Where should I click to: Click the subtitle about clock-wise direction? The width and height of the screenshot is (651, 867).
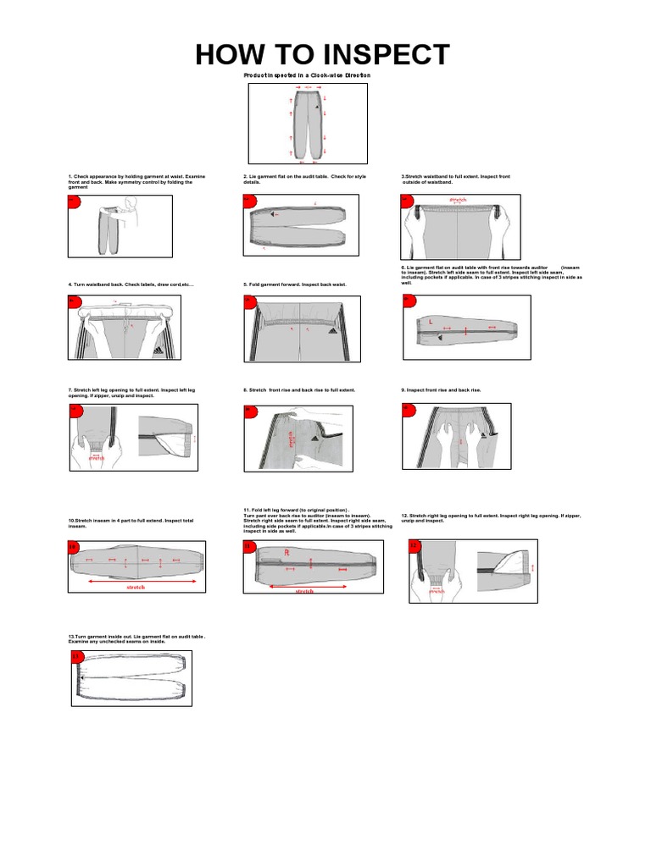pos(308,76)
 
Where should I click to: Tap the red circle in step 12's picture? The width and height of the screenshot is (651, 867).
pos(415,546)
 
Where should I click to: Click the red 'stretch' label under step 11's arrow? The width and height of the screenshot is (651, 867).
pos(303,591)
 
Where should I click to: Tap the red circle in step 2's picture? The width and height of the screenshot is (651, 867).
pos(248,200)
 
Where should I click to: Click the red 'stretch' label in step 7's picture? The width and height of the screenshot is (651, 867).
pos(97,457)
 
